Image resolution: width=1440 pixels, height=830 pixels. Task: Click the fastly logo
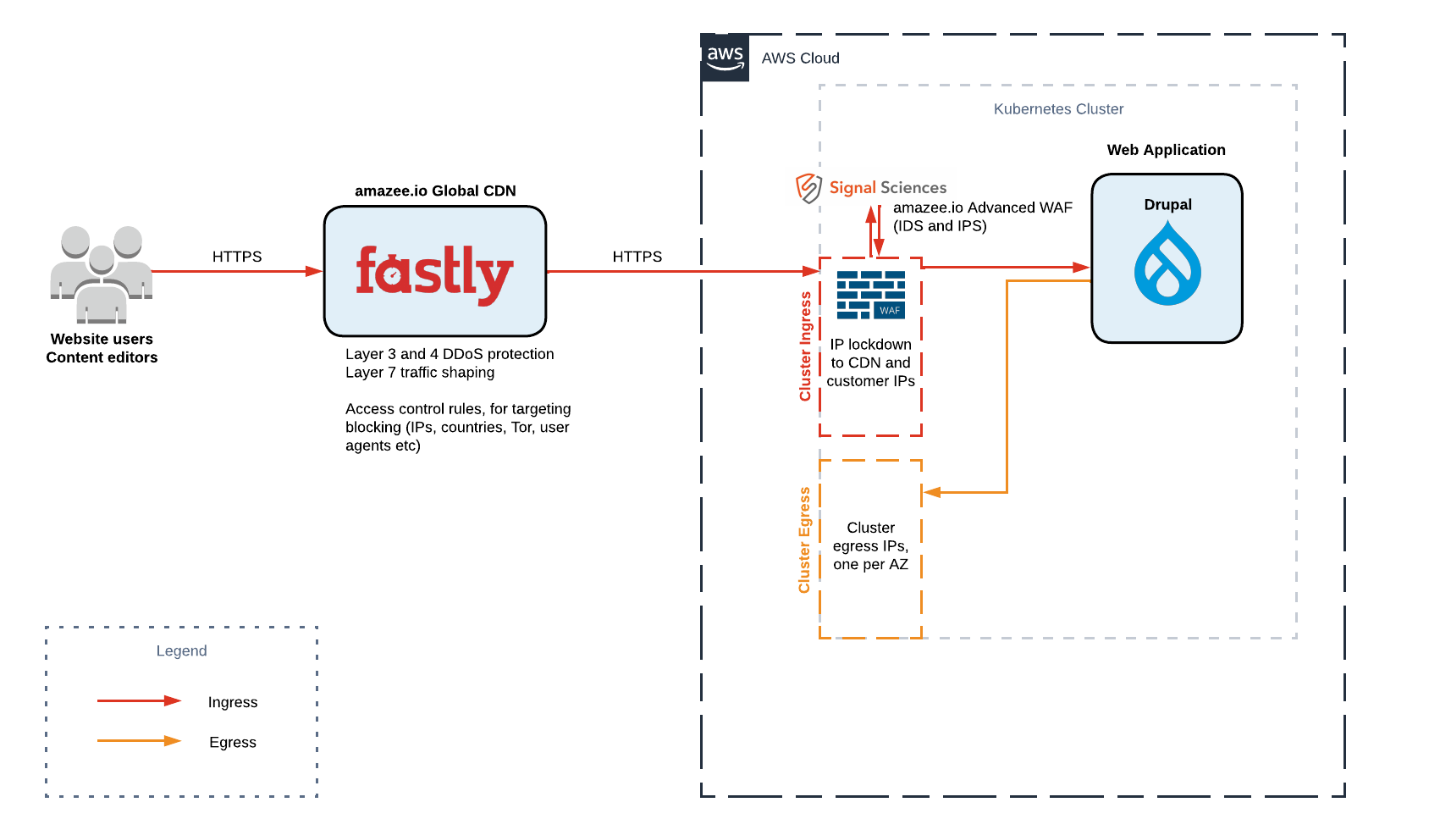[x=434, y=273]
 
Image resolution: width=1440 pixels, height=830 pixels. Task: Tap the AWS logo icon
[x=726, y=58]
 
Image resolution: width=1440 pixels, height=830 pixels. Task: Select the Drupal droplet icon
[x=1167, y=264]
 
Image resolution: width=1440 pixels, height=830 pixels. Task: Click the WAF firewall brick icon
[x=870, y=295]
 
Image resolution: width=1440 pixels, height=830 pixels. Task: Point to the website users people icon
[x=102, y=275]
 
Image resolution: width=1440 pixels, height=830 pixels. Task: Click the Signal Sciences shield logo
[x=808, y=188]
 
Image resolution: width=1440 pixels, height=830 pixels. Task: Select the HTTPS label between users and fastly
[x=237, y=257]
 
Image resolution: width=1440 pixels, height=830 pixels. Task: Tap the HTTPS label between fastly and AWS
[x=637, y=257]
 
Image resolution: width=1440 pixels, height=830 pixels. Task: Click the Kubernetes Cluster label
[x=1058, y=109]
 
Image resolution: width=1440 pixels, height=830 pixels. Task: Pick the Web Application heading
[x=1166, y=150]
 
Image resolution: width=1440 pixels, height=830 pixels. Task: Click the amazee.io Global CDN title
[x=435, y=191]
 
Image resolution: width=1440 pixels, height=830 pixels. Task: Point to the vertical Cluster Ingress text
[x=805, y=346]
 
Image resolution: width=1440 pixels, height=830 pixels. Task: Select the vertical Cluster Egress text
[x=804, y=539]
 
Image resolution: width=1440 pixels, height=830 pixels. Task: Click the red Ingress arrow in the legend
[x=139, y=701]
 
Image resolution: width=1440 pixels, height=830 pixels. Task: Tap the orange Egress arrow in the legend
[x=139, y=741]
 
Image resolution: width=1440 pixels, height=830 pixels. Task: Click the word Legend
[x=181, y=650]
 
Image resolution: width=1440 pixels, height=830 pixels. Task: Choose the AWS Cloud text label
[x=800, y=58]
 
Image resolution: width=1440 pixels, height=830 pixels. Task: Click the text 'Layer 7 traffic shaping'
[x=420, y=373]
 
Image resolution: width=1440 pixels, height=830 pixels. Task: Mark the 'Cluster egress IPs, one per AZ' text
[x=870, y=546]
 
